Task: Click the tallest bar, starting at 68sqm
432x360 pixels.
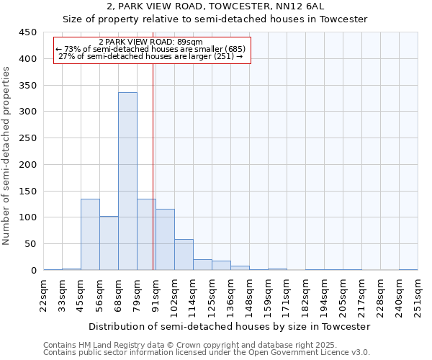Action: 127,181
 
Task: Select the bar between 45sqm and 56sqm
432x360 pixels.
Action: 90,234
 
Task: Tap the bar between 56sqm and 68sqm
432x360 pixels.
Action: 109,243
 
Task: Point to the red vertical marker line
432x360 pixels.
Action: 153,180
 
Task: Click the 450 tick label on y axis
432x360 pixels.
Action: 27,32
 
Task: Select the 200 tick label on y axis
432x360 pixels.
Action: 27,165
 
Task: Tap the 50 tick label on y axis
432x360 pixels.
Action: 30,244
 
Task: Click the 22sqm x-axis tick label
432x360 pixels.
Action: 43,295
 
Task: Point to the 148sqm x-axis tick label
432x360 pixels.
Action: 249,295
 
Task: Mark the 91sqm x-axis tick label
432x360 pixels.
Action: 156,295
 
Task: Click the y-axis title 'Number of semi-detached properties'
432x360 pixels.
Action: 7,155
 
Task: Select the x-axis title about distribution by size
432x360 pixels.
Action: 230,326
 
